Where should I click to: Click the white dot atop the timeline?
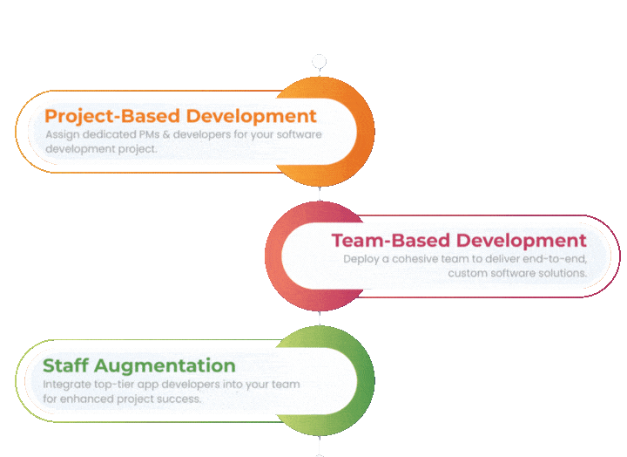320,61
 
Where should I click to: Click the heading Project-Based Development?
180,115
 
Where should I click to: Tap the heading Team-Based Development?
459,240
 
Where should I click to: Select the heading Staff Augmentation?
139,365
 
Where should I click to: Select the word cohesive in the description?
418,259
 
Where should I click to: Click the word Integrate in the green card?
64,385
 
